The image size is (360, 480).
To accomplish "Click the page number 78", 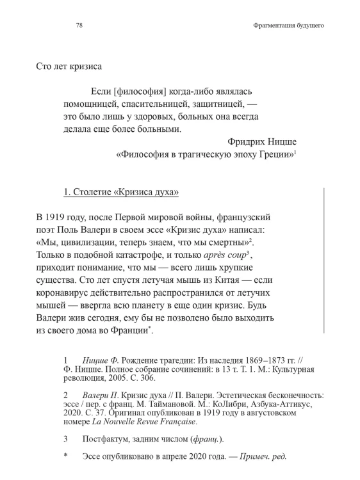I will click(79, 26).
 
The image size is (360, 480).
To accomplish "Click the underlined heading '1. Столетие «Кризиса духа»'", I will click(120, 191).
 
